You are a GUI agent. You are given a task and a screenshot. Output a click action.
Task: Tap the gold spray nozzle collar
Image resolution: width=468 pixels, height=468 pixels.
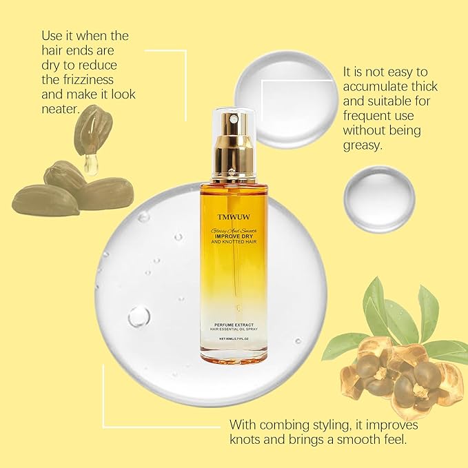[x=234, y=147]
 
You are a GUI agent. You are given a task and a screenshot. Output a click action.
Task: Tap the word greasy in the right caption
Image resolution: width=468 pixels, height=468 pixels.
[x=363, y=145]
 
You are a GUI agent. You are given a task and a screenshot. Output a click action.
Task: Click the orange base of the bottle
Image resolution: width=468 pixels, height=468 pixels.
[x=234, y=358]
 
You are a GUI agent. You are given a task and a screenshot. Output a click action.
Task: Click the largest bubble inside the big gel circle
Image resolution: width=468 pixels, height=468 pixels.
[x=139, y=316]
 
